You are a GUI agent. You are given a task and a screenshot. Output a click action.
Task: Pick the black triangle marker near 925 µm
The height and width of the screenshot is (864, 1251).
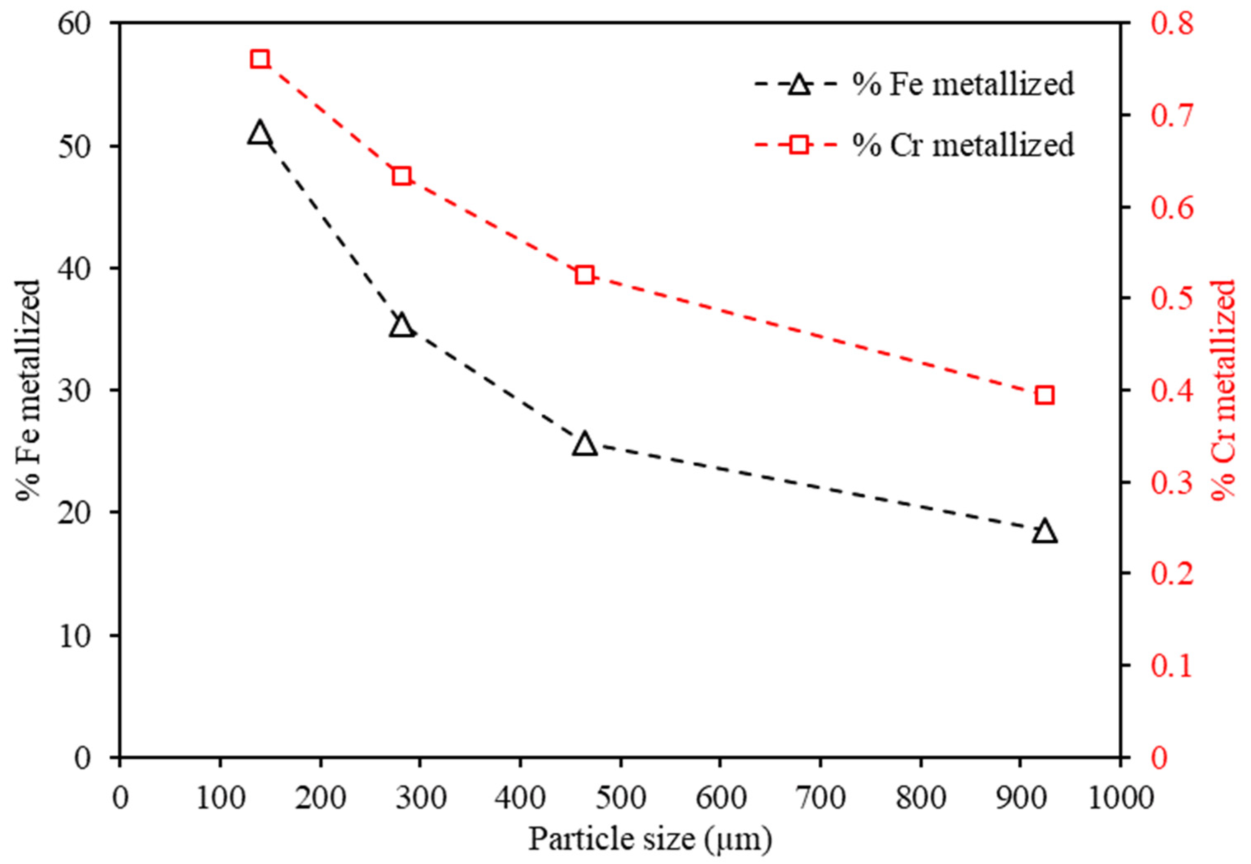[x=1045, y=532]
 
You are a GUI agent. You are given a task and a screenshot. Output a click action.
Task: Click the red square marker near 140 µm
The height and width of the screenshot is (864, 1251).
[x=260, y=59]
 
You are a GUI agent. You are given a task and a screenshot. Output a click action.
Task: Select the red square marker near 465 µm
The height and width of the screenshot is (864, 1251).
[x=584, y=275]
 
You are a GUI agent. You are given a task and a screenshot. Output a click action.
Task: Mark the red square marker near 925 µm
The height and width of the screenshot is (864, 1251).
[x=1045, y=396]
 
